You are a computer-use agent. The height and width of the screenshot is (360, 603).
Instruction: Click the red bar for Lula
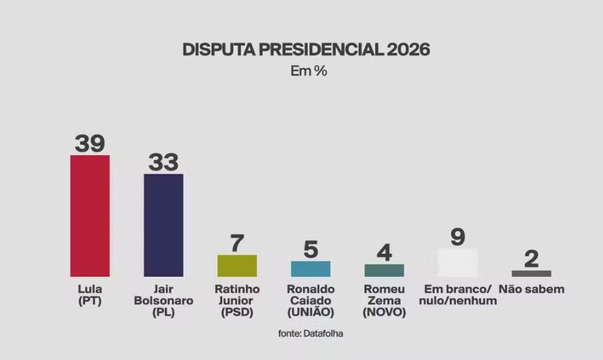coord(90,215)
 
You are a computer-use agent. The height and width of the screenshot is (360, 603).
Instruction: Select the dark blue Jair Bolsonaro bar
coord(163,225)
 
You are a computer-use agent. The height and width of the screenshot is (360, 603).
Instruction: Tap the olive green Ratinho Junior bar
coord(237,266)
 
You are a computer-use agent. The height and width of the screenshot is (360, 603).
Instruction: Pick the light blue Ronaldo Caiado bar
coord(310,269)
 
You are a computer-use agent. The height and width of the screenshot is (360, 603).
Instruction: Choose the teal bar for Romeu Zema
coord(384,270)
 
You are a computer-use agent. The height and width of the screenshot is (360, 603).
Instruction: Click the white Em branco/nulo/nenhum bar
coord(457,262)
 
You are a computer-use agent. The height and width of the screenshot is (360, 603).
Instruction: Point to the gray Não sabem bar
coord(531,273)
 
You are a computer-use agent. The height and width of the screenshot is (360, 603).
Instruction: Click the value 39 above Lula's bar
coord(90,143)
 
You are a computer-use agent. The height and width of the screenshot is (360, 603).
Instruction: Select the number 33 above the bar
coord(163,162)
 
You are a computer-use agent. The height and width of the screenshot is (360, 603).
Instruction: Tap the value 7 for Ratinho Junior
coord(237,243)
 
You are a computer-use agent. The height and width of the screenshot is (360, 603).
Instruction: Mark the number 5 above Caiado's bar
coord(310,249)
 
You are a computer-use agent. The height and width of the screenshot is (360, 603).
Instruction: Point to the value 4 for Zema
coord(384,252)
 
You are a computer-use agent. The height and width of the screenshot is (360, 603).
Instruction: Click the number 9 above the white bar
coord(457,237)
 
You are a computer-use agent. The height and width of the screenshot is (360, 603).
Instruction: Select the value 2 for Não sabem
coord(531,258)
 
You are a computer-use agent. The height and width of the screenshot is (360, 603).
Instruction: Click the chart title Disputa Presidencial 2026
coord(306,50)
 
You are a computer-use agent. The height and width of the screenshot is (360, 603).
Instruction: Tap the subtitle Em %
coord(307,72)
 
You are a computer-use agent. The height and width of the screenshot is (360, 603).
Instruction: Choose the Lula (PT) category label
coord(89,295)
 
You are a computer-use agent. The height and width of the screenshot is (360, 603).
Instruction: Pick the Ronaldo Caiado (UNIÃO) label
coord(310,301)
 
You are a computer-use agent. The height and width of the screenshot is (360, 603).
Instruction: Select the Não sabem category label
coord(532,289)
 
